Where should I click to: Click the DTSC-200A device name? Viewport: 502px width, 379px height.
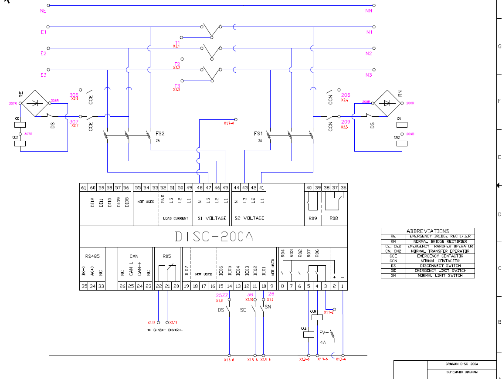point(214,236)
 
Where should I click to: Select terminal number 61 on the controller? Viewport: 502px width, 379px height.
point(84,188)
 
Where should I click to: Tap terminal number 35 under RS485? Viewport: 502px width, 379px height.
point(84,286)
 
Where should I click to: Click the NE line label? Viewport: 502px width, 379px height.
point(43,10)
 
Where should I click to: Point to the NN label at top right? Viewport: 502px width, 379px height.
point(369,10)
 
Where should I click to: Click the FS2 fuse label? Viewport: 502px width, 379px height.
point(160,134)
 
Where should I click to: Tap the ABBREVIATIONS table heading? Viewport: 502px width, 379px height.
point(427,231)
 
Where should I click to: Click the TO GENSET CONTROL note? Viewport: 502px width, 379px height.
point(165,330)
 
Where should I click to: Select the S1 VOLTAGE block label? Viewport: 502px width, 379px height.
point(212,218)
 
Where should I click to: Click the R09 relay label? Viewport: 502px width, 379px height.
point(312,218)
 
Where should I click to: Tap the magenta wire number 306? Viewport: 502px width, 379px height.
point(74,95)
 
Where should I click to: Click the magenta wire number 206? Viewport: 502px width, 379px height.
point(346,95)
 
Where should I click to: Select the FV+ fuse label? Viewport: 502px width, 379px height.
point(324,332)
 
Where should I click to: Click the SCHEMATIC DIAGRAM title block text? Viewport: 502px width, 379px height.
point(462,372)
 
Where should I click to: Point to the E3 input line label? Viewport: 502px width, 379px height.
point(43,75)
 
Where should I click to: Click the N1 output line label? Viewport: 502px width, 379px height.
point(369,32)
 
